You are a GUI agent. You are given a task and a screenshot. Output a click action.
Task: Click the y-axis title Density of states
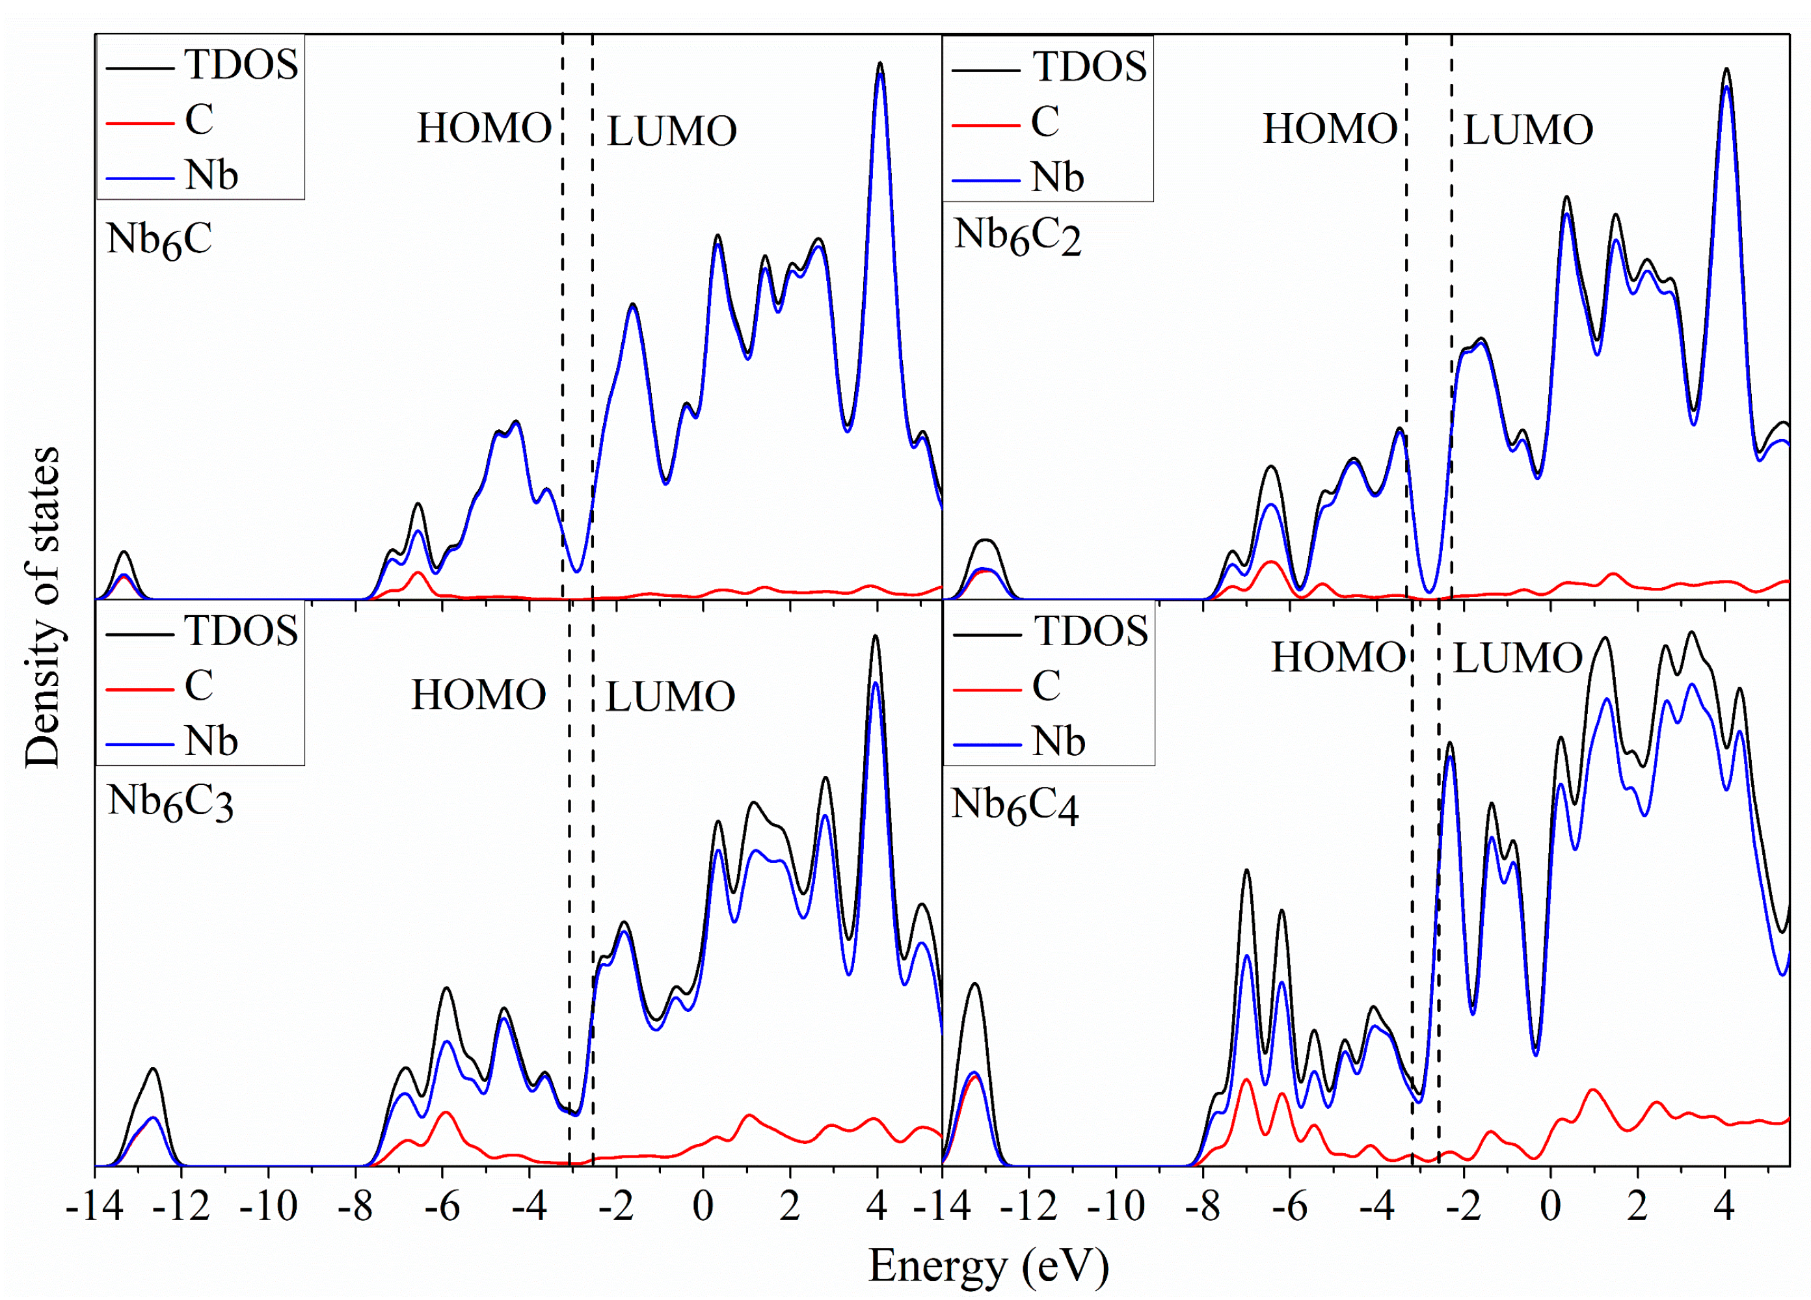point(42,607)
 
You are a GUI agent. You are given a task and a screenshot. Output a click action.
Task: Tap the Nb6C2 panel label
point(1017,236)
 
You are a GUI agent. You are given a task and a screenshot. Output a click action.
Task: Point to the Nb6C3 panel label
point(170,802)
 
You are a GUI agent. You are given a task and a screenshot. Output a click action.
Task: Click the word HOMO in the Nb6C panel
point(484,129)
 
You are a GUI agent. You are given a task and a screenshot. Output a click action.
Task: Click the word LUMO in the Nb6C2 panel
point(1527,130)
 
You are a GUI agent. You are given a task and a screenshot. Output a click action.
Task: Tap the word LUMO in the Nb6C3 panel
point(670,697)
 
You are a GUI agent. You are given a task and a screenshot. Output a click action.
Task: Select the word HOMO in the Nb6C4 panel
point(1338,658)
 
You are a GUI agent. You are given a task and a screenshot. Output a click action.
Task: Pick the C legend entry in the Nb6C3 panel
point(199,685)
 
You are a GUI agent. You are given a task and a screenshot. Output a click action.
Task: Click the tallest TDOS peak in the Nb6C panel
point(880,63)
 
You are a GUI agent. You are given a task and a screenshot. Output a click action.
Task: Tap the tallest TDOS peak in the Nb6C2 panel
point(1726,70)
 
